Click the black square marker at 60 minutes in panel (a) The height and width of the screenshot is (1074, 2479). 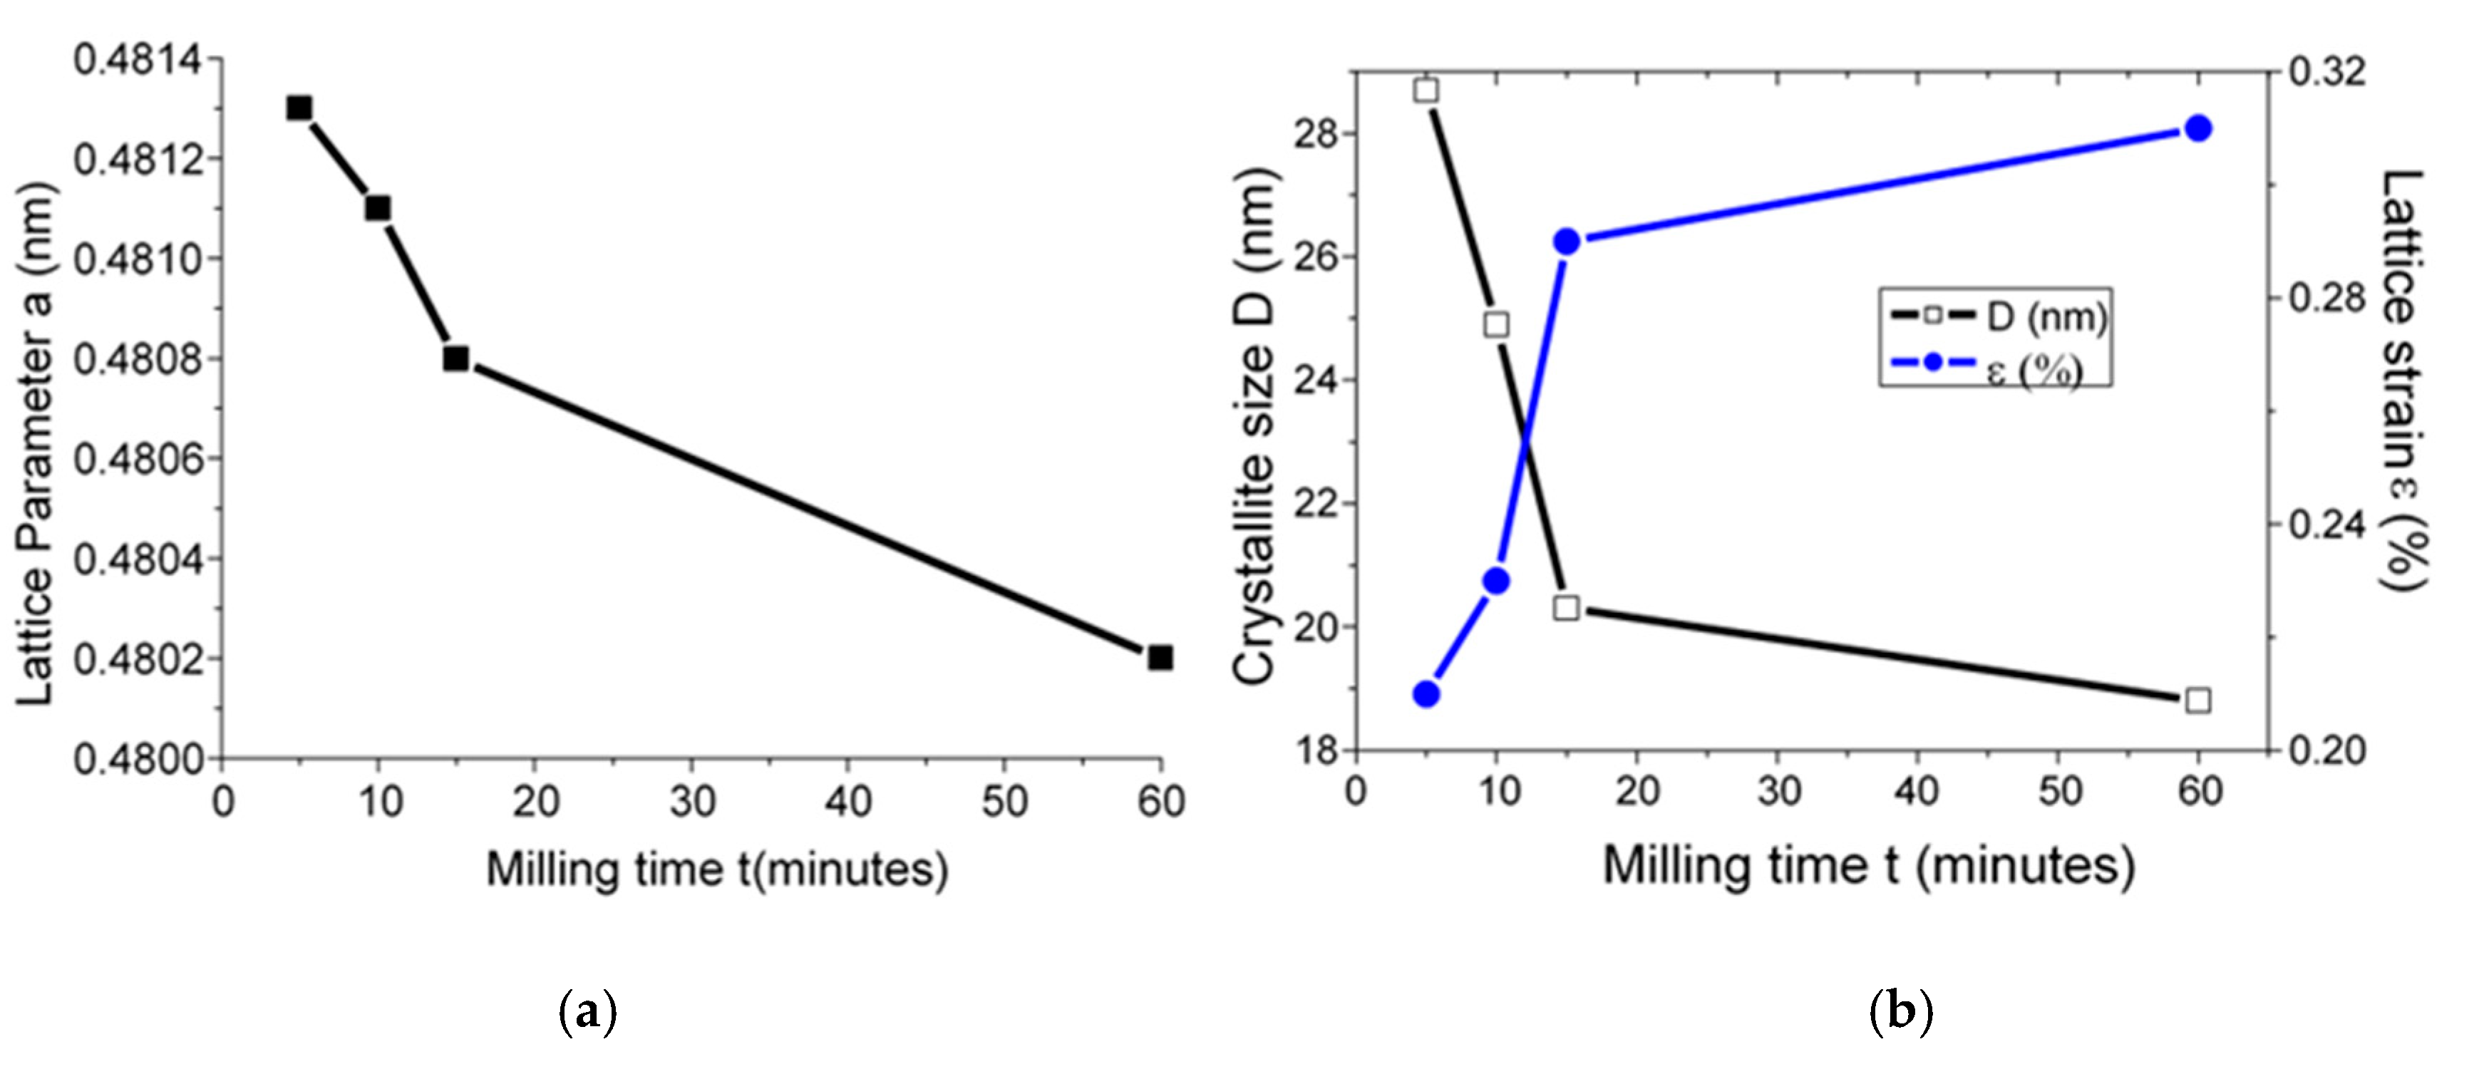(1160, 659)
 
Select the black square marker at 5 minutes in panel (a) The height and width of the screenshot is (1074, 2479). (299, 108)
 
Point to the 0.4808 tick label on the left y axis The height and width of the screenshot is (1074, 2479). (138, 359)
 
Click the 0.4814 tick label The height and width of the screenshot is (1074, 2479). (138, 60)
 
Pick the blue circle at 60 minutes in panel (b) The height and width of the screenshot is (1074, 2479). (2198, 129)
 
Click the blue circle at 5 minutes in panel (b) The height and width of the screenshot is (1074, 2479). (1426, 694)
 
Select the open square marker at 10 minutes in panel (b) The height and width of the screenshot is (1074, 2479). (1496, 325)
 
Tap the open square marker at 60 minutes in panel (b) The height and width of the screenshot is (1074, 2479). (2198, 701)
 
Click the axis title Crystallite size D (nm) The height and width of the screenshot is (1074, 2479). (1253, 426)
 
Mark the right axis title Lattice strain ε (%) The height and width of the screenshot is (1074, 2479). (2403, 380)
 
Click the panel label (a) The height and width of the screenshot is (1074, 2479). (587, 1013)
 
